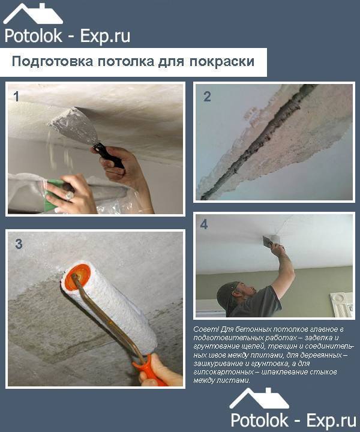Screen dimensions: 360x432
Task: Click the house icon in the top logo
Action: tap(33, 14)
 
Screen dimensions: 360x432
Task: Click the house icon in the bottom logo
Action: tap(259, 398)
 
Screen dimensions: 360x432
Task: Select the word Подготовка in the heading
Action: tap(52, 62)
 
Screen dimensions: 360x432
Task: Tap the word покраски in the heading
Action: tap(222, 62)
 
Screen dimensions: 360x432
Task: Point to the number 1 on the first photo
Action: tap(17, 97)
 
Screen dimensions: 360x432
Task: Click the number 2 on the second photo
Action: tap(207, 97)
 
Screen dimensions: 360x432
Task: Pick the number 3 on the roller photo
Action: tap(19, 244)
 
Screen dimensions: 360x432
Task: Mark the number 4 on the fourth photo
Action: tap(204, 225)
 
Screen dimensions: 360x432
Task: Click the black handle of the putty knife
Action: tap(109, 156)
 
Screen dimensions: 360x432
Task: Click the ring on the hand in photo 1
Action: tap(69, 196)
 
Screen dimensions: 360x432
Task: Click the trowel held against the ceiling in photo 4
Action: tap(268, 240)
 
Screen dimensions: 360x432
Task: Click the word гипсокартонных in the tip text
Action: tap(223, 372)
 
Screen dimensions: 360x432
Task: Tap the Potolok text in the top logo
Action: tap(34, 37)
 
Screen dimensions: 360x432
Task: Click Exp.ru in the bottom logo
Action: tap(331, 421)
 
